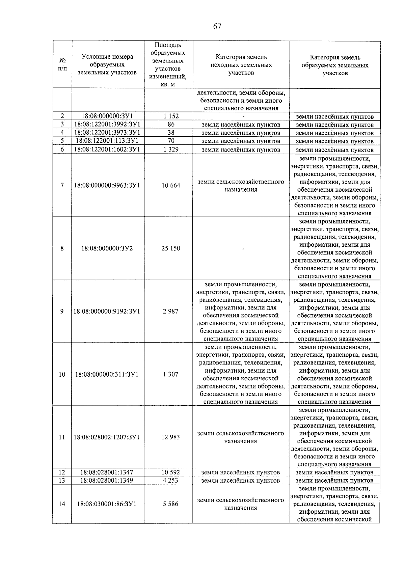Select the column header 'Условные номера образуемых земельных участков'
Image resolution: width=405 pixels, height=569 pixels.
tap(107, 64)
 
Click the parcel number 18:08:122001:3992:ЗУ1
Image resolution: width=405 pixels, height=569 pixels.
tap(107, 125)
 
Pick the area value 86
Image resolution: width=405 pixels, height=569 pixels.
tap(171, 125)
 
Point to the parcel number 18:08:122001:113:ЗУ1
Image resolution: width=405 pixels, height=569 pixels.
tap(107, 141)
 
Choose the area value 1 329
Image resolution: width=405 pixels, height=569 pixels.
tap(171, 150)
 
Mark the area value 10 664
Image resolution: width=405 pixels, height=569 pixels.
tap(171, 185)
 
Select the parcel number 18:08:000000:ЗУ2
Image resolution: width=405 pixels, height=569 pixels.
tap(107, 248)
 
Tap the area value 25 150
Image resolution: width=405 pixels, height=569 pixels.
tap(171, 248)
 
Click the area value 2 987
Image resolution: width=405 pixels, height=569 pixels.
tap(171, 311)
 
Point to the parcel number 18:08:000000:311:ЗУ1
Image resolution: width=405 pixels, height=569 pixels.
tap(107, 374)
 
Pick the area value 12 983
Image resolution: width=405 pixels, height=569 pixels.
tap(171, 437)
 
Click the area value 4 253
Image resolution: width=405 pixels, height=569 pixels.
tap(171, 480)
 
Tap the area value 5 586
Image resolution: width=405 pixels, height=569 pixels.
tap(171, 504)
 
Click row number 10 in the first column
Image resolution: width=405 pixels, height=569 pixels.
tap(62, 374)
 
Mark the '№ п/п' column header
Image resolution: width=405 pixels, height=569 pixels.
tap(62, 64)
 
